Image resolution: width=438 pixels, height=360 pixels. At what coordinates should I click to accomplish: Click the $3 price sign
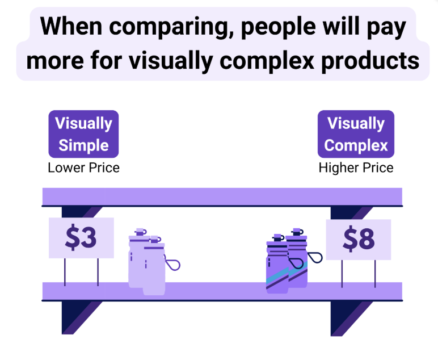point(81,238)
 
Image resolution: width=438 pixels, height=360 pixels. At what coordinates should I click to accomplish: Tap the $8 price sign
point(359,240)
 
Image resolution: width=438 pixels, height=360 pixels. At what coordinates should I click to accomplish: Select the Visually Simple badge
point(83,134)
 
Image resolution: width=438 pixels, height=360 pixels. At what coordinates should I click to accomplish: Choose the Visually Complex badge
point(356,134)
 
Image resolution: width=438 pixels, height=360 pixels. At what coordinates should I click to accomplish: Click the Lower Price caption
point(83,168)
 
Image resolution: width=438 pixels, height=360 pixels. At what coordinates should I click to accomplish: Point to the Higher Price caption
point(356,168)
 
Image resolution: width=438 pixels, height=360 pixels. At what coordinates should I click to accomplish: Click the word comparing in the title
point(171,27)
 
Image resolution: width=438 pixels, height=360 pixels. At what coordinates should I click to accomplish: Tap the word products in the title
point(370,61)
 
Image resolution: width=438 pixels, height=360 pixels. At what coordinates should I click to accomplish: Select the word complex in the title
point(267,61)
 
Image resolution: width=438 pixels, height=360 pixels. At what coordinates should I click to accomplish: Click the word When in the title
point(71,26)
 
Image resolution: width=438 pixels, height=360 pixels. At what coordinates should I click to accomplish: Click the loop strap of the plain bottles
point(172,263)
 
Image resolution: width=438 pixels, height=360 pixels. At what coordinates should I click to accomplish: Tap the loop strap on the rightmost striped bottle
point(314,257)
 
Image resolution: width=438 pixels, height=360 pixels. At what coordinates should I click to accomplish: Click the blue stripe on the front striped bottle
point(277,276)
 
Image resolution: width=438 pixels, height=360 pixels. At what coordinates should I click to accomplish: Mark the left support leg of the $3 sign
point(65,272)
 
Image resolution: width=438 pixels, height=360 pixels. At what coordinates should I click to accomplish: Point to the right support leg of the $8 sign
point(375,274)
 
